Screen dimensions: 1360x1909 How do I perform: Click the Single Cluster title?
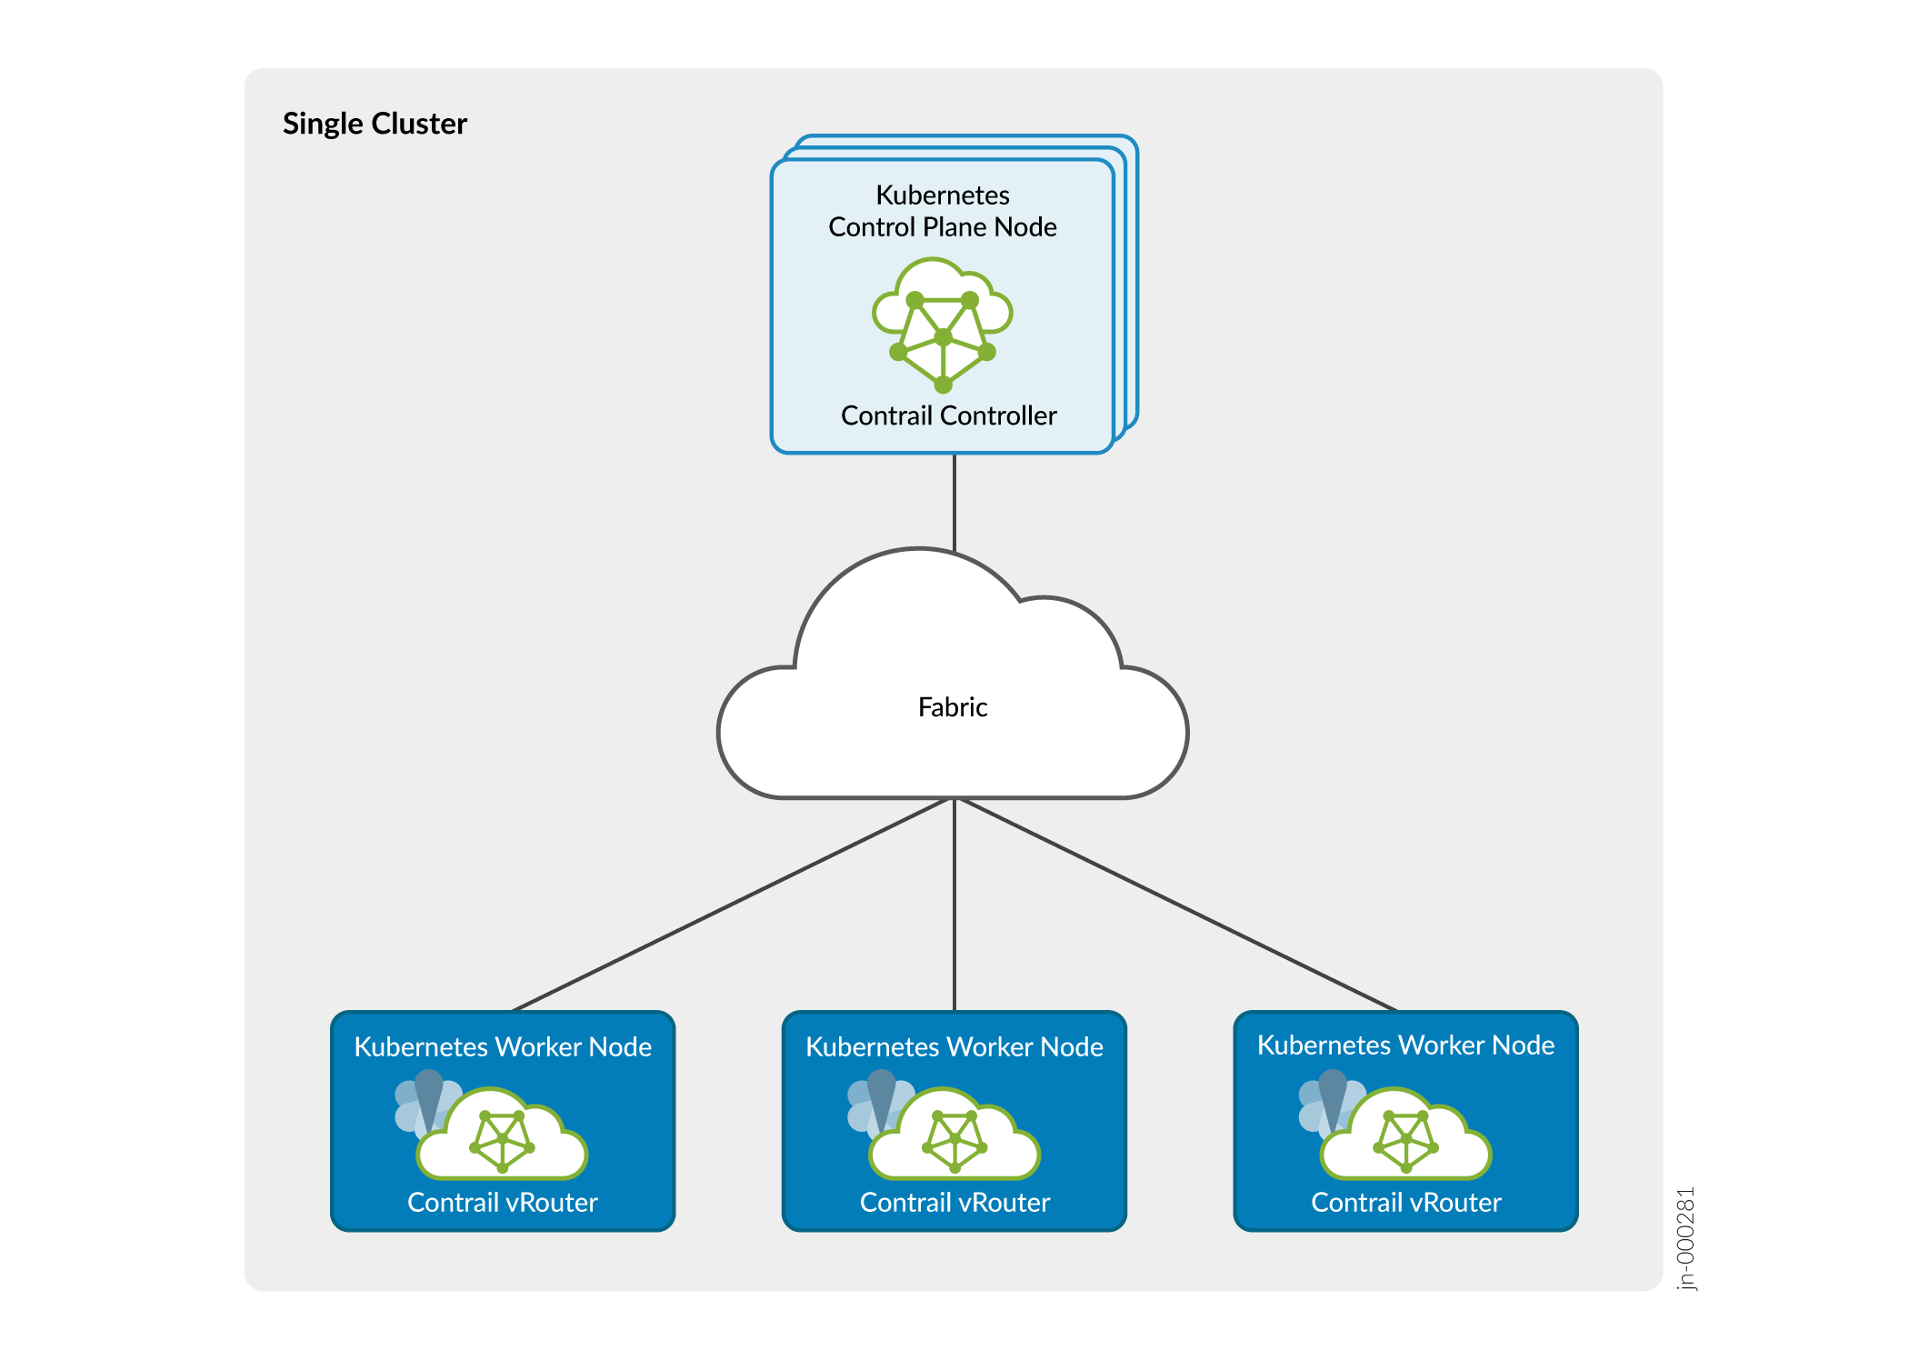coord(375,124)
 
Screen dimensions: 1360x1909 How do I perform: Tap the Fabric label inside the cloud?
coord(952,707)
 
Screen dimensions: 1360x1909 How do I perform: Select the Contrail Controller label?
coord(948,415)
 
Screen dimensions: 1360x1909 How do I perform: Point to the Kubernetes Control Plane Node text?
coord(943,211)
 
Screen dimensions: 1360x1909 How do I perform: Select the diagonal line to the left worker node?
coord(732,905)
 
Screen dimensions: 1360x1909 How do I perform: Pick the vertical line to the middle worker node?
coord(954,905)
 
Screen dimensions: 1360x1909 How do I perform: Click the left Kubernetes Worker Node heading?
coord(503,1047)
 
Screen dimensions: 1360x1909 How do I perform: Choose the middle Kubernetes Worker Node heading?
coord(954,1047)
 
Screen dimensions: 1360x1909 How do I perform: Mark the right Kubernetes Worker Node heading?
coord(1405,1045)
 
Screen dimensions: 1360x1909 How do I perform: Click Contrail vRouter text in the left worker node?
coord(503,1203)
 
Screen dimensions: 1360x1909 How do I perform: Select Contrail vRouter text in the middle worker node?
coord(954,1203)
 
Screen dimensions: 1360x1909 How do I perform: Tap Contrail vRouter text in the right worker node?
coord(1405,1203)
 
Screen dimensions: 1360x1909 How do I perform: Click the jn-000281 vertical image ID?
coord(1685,1238)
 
